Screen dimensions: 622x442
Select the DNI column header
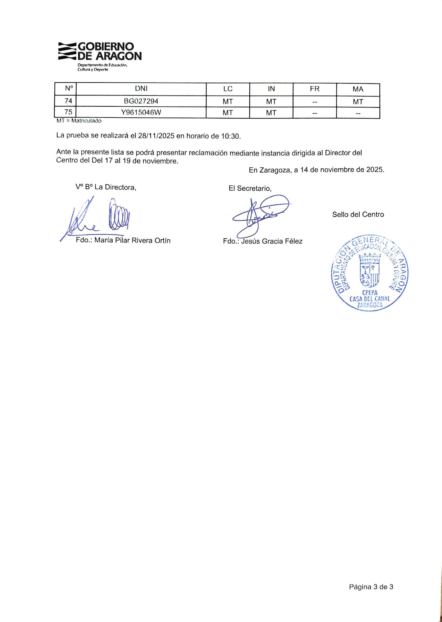[x=141, y=89]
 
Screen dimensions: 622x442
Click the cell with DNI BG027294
[x=141, y=101]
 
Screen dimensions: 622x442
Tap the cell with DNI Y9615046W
[x=141, y=112]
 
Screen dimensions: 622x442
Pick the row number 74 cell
[x=68, y=101]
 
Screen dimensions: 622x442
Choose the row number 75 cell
[x=68, y=112]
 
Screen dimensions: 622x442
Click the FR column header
[x=314, y=89]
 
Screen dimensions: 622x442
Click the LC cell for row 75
[x=227, y=113]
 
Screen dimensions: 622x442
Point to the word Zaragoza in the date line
[x=275, y=170]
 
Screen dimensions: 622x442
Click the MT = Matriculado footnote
[x=79, y=121]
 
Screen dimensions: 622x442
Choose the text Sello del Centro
[x=358, y=214]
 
